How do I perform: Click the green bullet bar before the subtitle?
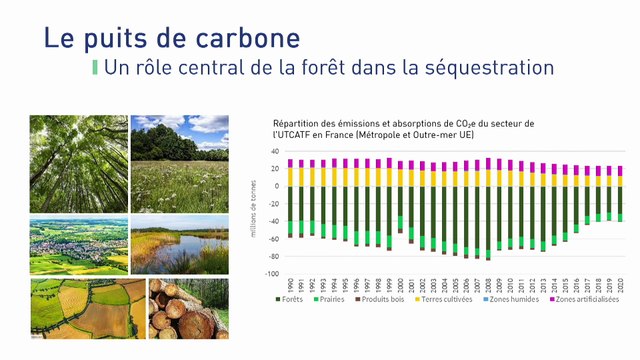(95, 68)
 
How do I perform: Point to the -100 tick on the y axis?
(270, 274)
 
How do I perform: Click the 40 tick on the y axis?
(273, 152)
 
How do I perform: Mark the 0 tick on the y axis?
(275, 187)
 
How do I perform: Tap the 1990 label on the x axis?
(290, 284)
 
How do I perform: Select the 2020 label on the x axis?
(620, 284)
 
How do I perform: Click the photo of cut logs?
(188, 309)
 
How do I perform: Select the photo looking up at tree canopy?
(78, 163)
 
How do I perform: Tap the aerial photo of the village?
(78, 246)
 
